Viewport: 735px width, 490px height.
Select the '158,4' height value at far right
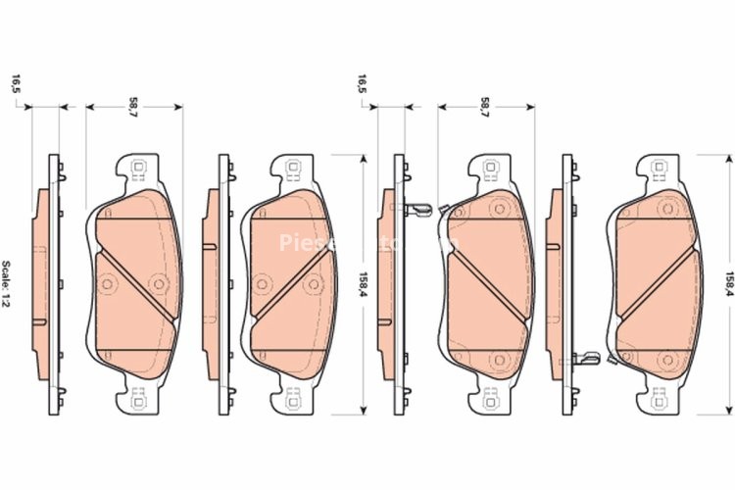pyautogui.click(x=727, y=285)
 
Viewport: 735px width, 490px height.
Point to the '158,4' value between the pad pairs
pyautogui.click(x=364, y=285)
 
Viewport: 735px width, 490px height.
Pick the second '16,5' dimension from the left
pyautogui.click(x=363, y=85)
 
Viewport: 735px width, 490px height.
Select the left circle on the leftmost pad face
pyautogui.click(x=108, y=284)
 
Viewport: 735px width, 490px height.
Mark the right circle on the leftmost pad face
pyautogui.click(x=156, y=284)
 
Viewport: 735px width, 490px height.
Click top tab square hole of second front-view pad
pyautogui.click(x=291, y=168)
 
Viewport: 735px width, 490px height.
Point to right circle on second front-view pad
pyautogui.click(x=313, y=284)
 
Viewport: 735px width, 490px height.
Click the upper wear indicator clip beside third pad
pyautogui.click(x=419, y=209)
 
